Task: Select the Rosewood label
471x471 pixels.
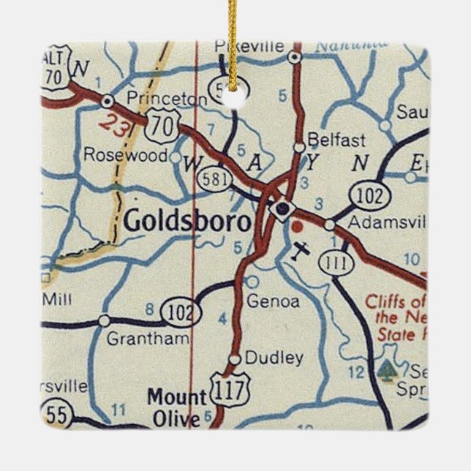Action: [126, 155]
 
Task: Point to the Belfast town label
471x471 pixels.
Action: [326, 137]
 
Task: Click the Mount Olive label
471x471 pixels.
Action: [176, 408]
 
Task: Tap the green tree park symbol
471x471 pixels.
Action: [385, 369]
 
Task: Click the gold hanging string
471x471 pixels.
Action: [233, 40]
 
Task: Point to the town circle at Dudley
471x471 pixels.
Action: [234, 359]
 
